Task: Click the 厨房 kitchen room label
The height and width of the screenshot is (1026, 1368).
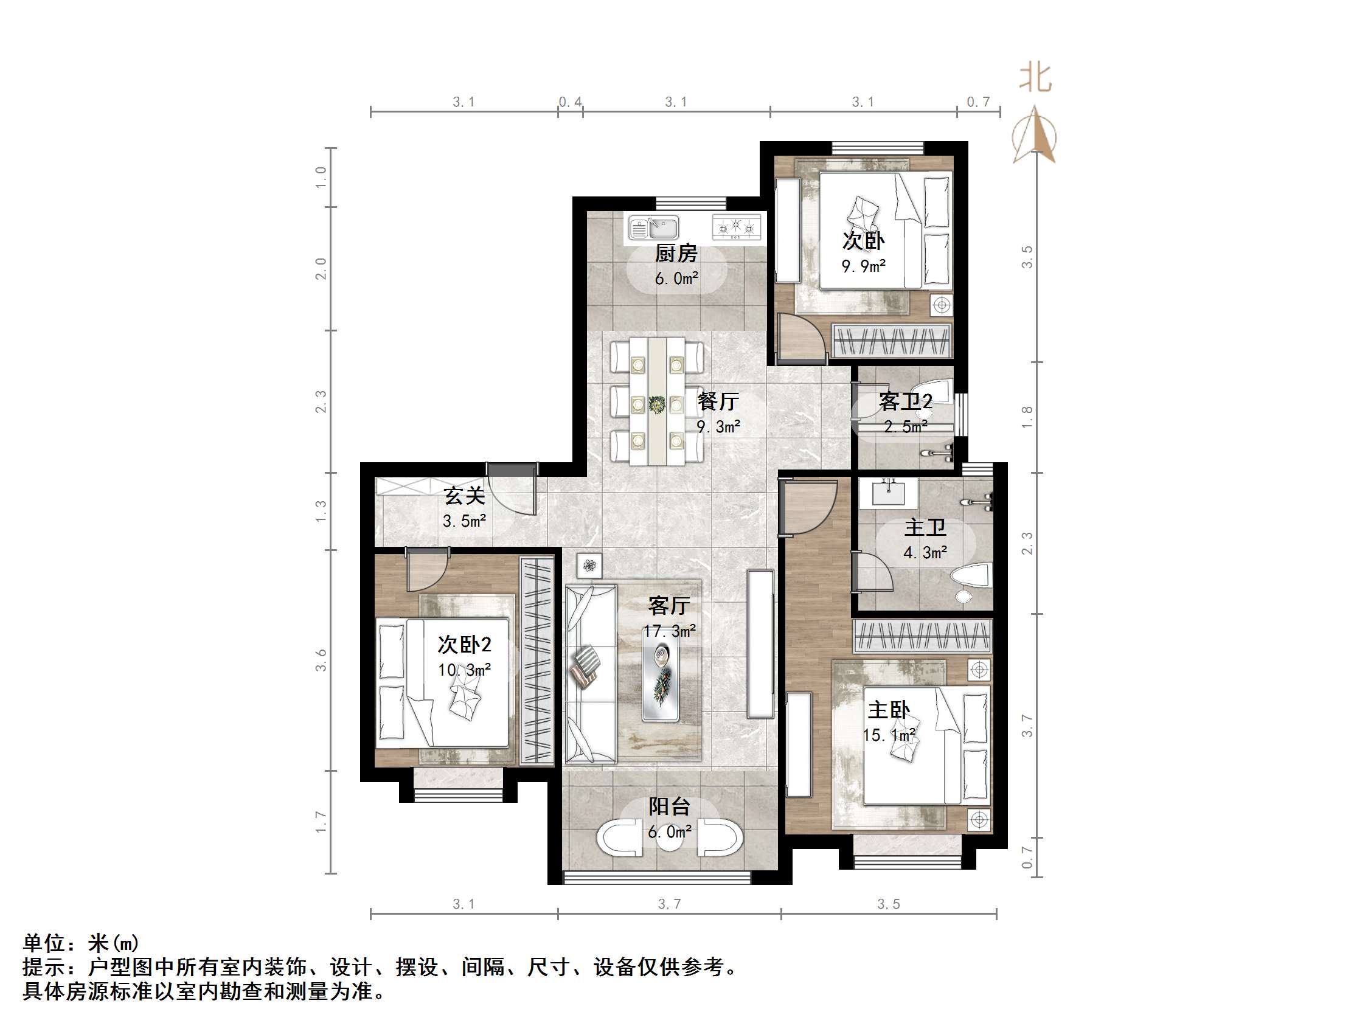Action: tap(676, 254)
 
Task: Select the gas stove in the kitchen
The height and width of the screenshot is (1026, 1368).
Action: tap(736, 227)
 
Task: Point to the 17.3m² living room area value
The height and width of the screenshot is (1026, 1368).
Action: tap(669, 631)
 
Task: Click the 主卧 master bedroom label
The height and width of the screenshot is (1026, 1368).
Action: tap(889, 710)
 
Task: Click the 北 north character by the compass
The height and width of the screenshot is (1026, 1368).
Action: tap(1035, 78)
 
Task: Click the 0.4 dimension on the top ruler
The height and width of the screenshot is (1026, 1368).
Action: tap(570, 102)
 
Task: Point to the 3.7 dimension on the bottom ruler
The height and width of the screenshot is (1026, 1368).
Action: tap(669, 904)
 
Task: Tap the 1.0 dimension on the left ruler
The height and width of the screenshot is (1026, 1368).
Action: tap(321, 178)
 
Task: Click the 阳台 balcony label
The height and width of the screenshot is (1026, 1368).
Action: tap(669, 806)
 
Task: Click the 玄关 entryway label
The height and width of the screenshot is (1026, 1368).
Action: tap(464, 496)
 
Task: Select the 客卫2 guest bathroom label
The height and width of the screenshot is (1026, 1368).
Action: tap(905, 402)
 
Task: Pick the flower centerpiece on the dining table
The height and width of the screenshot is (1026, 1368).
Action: tap(656, 405)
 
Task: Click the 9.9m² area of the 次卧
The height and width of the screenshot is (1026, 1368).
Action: tap(863, 266)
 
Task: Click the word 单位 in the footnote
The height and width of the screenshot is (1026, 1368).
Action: tap(44, 943)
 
